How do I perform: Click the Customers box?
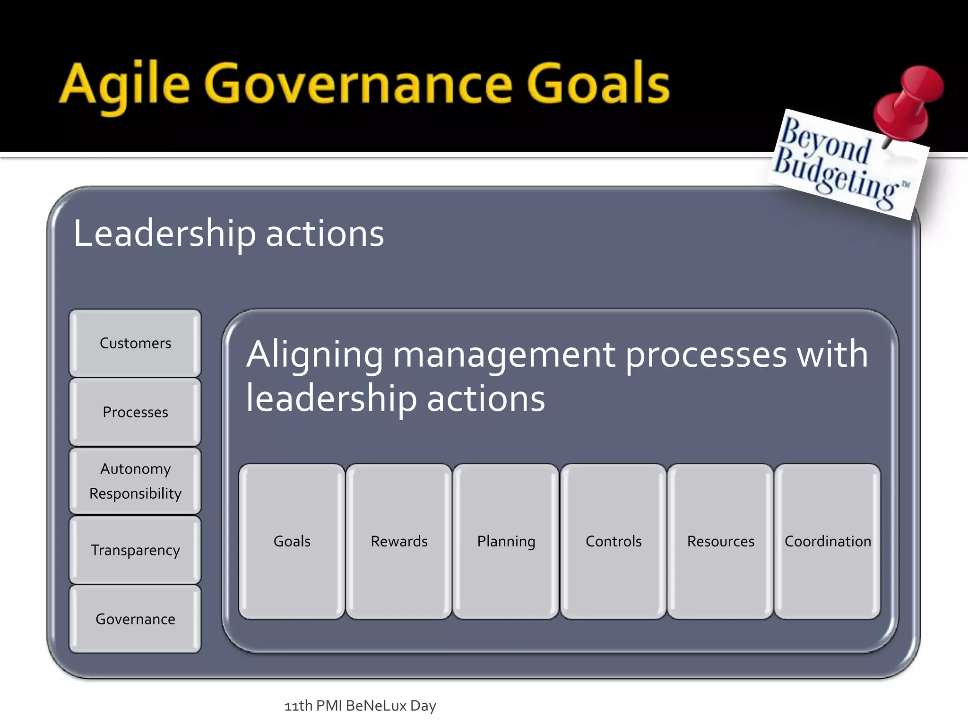(135, 343)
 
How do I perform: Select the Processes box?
(135, 412)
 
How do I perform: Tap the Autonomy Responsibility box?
(135, 481)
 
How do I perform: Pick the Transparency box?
(135, 550)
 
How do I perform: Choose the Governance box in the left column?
(135, 619)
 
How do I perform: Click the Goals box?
(292, 541)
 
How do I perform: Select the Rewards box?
(399, 541)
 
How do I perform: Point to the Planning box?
(506, 541)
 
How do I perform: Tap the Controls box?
(614, 541)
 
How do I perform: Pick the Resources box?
(720, 541)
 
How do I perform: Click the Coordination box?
(828, 541)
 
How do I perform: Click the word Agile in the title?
(125, 85)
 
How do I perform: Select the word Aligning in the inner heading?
(314, 354)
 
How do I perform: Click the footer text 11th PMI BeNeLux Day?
(360, 706)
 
